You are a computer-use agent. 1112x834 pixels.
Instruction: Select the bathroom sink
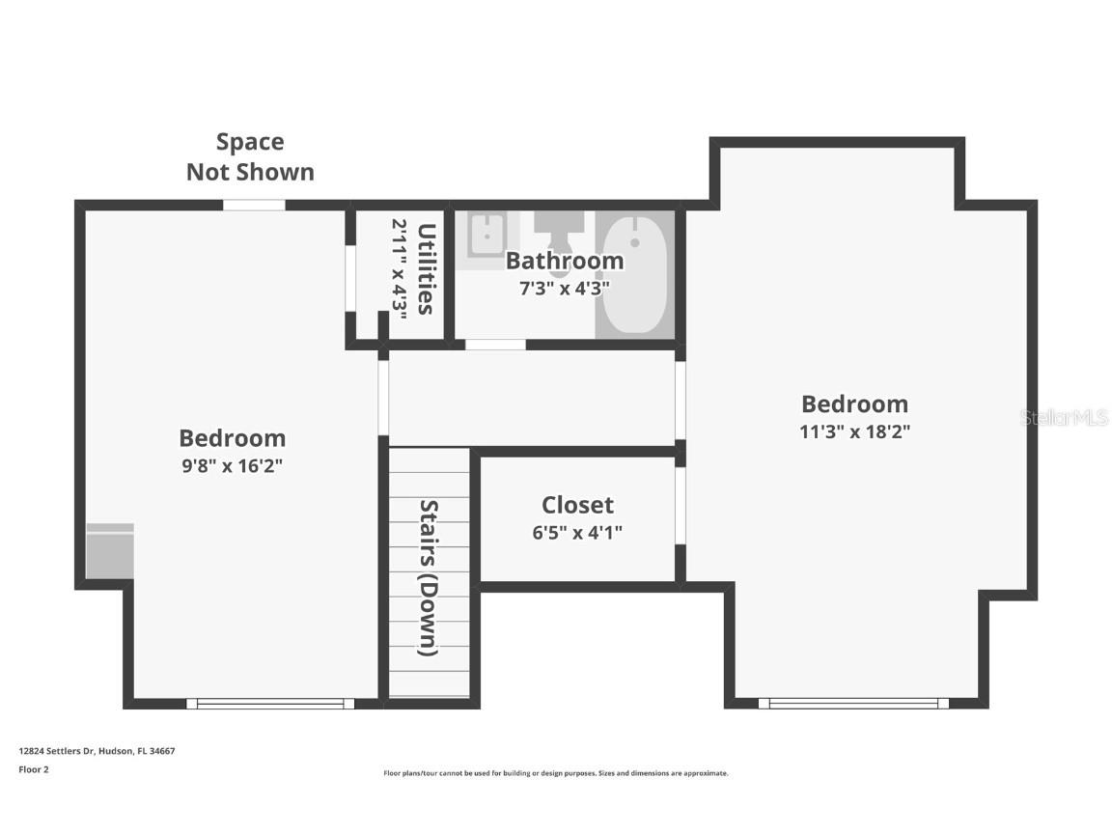pos(488,235)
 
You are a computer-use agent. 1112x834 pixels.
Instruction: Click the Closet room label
pos(577,505)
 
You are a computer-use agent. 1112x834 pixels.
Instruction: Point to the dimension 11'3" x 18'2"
pos(854,431)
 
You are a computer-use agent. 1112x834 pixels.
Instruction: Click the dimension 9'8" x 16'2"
pos(232,465)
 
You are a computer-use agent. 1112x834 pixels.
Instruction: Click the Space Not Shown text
pos(250,156)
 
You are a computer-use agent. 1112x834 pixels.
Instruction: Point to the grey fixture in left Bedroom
pos(110,551)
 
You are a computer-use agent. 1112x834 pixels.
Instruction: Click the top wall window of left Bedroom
pos(254,205)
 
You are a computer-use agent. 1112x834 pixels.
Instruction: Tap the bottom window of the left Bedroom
pos(270,704)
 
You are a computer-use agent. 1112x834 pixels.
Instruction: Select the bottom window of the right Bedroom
pos(853,704)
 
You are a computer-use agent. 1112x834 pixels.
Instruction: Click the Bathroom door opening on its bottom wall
pos(495,345)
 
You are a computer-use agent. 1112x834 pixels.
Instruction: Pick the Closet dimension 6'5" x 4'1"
pos(577,532)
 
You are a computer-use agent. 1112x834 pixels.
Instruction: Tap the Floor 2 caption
pos(33,769)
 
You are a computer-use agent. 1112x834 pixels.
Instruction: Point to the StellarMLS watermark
pos(1064,418)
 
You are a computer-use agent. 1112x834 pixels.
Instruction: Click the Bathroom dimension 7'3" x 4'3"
pos(565,287)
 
